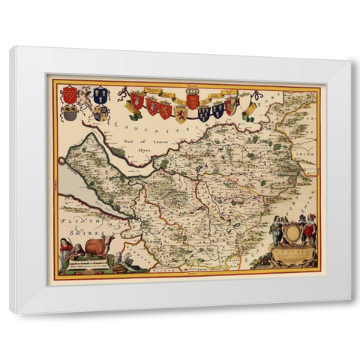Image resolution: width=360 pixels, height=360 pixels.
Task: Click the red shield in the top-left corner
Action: (70, 94)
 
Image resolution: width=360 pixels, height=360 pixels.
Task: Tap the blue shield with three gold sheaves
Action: (100, 94)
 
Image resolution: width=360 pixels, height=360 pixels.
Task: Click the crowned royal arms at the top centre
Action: (192, 99)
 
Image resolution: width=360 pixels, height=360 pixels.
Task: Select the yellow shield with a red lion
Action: (181, 113)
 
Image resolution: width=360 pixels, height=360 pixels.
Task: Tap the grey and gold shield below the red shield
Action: (70, 113)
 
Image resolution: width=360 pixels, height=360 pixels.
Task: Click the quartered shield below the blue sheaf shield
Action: (101, 113)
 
